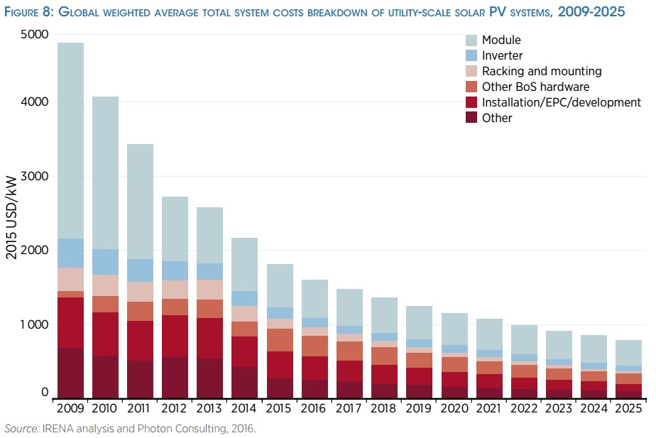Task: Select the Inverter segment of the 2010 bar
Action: click(105, 262)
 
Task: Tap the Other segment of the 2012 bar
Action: click(175, 378)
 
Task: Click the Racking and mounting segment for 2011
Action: click(140, 292)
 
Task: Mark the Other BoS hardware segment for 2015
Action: click(279, 340)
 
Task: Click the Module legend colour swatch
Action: click(471, 40)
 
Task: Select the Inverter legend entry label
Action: click(502, 55)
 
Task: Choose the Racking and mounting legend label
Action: click(542, 71)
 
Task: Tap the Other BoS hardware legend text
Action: click(535, 87)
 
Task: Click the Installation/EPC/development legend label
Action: click(561, 102)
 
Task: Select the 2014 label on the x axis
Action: click(244, 410)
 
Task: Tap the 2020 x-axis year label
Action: click(453, 410)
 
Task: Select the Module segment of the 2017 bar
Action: click(349, 307)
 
